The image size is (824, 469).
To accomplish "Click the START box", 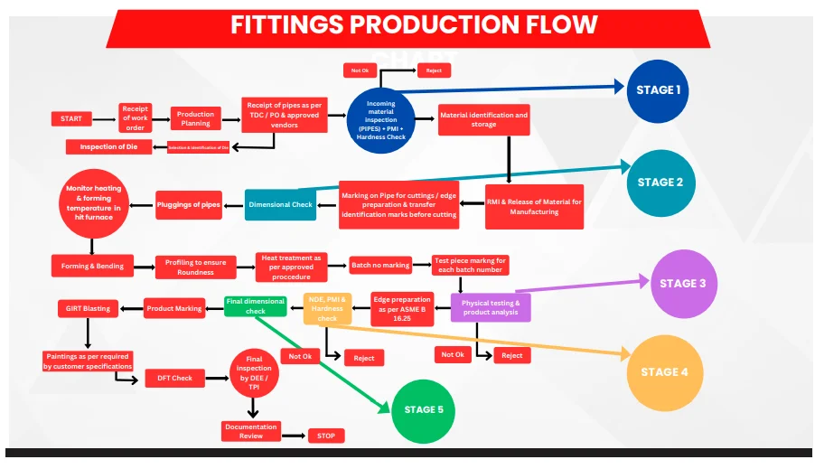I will click(x=71, y=119).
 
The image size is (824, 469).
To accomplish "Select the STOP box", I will click(x=326, y=436).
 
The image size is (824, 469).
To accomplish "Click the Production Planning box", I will click(x=195, y=119).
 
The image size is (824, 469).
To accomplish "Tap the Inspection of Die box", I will click(x=108, y=147).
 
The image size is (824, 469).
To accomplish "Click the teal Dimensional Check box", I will click(x=280, y=204).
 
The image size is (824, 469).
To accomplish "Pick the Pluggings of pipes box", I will click(x=189, y=205).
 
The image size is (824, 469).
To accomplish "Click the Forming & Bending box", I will click(x=92, y=266).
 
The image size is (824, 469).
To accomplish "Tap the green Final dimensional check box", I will click(x=256, y=306).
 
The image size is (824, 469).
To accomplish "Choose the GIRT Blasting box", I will click(x=88, y=308).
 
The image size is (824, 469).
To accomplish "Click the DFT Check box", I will click(x=175, y=379).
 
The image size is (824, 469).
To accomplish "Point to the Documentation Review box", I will click(x=250, y=431).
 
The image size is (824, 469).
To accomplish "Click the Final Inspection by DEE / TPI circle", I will click(x=254, y=372).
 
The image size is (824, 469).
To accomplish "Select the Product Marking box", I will click(x=174, y=309).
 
